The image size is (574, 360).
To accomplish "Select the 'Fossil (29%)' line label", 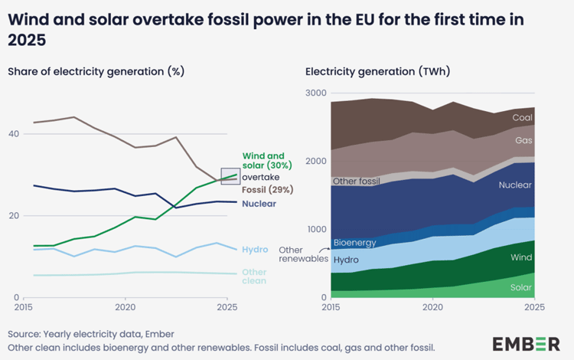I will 267,189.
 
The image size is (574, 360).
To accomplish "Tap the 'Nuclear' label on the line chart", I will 259,204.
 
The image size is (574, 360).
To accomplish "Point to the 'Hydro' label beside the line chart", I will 255,250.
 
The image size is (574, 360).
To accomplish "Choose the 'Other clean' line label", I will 254,277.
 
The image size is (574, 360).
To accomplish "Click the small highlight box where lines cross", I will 230,176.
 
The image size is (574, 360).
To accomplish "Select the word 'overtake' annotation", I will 261,177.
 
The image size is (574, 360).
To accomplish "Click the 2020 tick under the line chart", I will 125,307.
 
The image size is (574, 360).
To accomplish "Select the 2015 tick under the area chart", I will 331,307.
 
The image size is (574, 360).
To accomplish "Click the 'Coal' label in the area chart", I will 522,118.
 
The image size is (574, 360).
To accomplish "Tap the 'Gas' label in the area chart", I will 524,141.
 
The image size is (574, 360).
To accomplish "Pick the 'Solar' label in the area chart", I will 520,288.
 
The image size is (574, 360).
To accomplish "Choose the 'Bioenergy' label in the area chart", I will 354,243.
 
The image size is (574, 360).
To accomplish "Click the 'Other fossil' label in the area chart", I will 357,181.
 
